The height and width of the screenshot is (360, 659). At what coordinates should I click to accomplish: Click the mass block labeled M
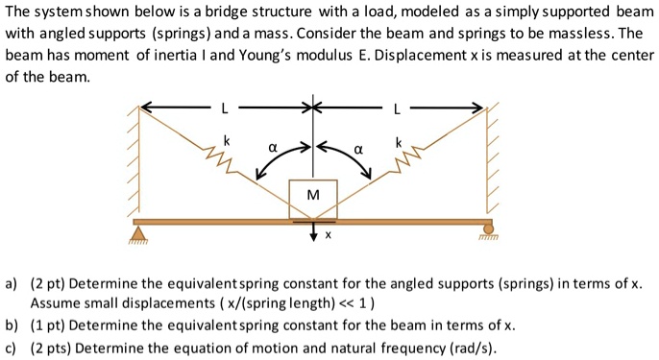point(313,197)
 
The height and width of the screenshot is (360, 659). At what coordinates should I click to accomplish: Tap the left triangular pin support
point(141,233)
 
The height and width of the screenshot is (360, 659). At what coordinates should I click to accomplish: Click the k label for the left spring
point(227,141)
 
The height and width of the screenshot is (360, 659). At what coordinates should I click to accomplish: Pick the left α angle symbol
point(273,151)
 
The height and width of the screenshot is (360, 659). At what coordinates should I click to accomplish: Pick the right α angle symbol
point(357,151)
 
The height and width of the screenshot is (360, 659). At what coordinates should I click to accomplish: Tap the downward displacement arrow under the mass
point(313,234)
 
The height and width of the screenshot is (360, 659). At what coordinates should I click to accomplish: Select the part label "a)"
point(12,284)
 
